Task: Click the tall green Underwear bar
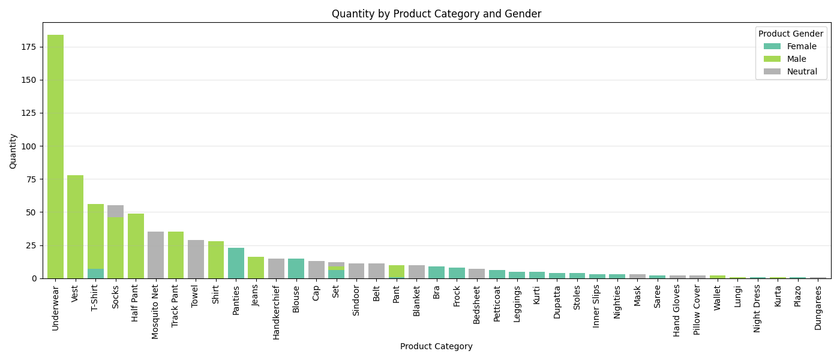[55, 157]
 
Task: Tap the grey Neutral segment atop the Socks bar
[116, 211]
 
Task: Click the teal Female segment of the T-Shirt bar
[95, 274]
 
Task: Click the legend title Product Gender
[790, 34]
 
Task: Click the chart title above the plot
[436, 14]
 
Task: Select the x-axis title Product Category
[436, 347]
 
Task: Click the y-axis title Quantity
[13, 151]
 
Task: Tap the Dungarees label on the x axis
[818, 307]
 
